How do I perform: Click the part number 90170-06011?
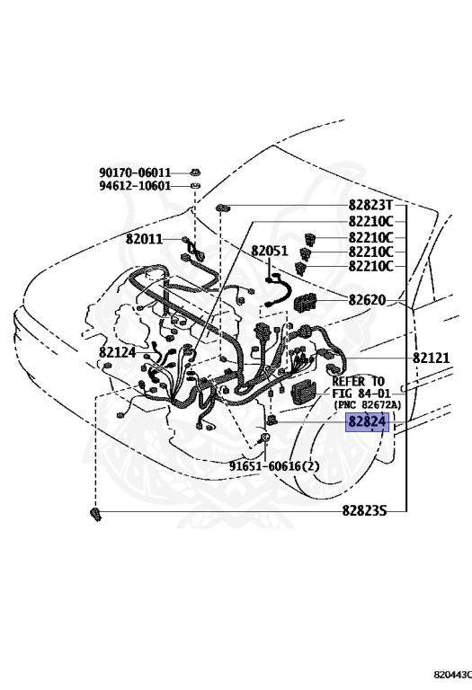coord(135,172)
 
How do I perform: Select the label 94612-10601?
coord(135,186)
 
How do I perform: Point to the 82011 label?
coord(144,239)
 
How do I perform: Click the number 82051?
coord(270,252)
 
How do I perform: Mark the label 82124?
coord(117,352)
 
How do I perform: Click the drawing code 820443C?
coord(451,672)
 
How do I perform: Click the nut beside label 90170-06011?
coord(196,172)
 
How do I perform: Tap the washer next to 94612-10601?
coord(196,186)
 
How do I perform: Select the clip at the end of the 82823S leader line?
coord(94,513)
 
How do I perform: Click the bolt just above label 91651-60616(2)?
coord(266,438)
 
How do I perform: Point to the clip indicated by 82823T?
coord(221,208)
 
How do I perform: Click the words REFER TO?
coord(359,381)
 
